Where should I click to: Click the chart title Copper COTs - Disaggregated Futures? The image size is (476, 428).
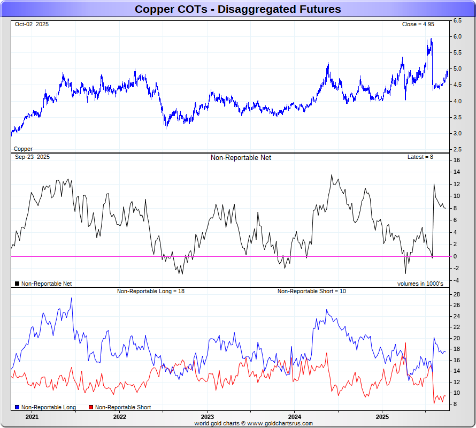tap(237, 9)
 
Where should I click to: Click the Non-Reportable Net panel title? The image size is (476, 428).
tap(241, 158)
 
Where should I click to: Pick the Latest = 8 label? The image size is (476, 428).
tap(420, 157)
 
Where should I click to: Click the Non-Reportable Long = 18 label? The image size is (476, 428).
tap(151, 291)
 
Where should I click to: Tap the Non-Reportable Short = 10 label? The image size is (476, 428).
tap(312, 291)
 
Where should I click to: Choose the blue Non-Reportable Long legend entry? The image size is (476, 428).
tap(45, 408)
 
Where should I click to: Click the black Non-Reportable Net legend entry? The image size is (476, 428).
tap(43, 284)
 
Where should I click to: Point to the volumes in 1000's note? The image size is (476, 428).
tap(420, 284)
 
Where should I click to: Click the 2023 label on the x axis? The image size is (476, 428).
tap(207, 417)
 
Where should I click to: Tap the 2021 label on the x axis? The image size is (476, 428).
tap(32, 417)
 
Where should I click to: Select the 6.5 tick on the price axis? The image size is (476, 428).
tap(457, 20)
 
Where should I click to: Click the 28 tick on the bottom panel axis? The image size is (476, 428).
tap(457, 295)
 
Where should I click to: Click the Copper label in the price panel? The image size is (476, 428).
tap(23, 149)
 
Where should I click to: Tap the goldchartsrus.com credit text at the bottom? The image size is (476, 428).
tap(254, 423)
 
